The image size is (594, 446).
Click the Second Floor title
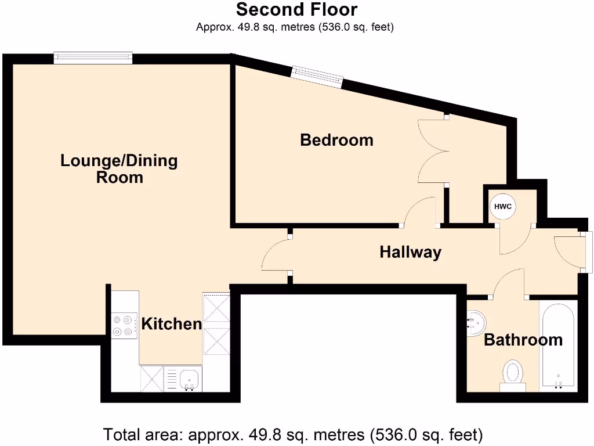[x=296, y=10]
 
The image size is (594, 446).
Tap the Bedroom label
[x=336, y=140]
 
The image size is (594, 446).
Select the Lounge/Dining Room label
[x=119, y=168]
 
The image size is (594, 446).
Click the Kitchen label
[x=172, y=323]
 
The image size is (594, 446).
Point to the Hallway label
[x=410, y=252]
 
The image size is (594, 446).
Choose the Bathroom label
[x=523, y=340]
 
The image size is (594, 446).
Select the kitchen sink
[x=189, y=379]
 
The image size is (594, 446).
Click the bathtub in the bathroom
[x=558, y=346]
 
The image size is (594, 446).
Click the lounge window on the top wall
[x=93, y=57]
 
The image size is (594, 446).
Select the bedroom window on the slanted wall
[x=317, y=76]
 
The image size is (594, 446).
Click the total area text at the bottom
[x=293, y=434]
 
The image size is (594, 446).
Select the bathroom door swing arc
[x=508, y=283]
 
